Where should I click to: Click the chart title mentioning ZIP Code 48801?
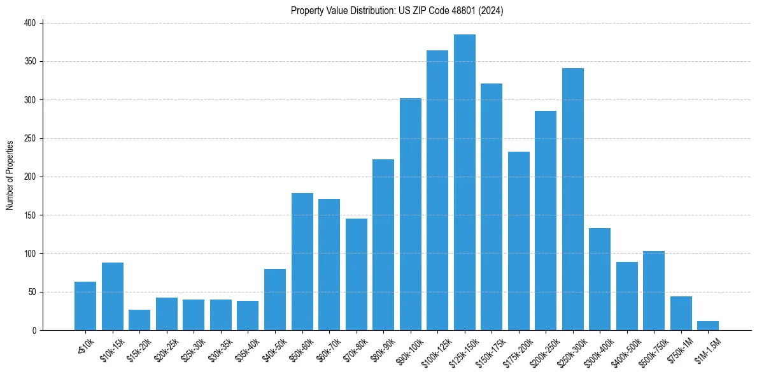397,10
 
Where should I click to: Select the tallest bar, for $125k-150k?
465,182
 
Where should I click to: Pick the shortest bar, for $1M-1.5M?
708,326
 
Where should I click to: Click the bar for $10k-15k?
113,296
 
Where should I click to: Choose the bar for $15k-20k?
139,320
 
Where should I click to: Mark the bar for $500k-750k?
654,291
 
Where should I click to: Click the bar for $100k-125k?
437,190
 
